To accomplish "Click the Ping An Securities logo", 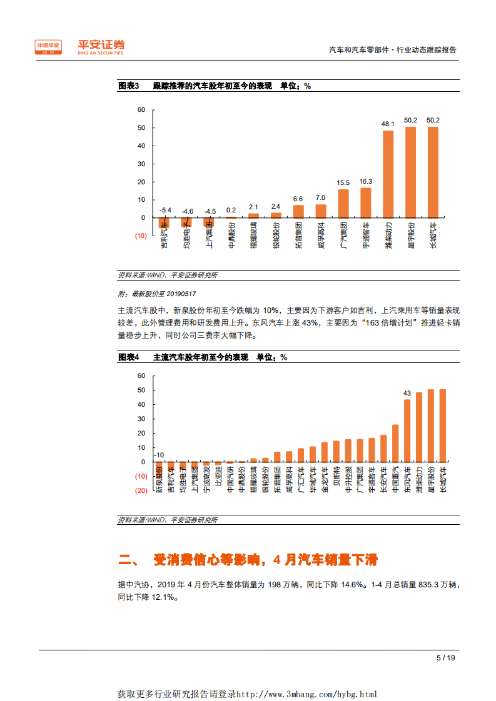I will point(79,47).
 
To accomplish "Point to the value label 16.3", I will point(366,181).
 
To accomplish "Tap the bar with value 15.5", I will point(343,204).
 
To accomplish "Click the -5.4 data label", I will point(165,211).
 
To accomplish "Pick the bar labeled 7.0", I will point(321,211).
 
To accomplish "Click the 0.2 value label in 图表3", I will point(231,210).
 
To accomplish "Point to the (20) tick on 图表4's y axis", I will point(141,491).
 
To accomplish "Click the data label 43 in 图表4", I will point(407,393).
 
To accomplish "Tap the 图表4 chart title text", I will point(203,357).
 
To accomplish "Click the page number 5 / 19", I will point(445,657).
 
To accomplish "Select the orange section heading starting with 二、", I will point(248,559).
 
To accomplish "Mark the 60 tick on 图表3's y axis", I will point(141,110).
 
